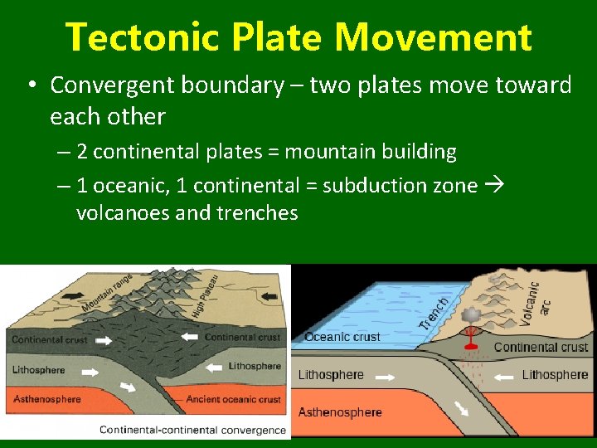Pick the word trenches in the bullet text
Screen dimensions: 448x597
tap(257, 213)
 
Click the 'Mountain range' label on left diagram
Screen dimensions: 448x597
tap(107, 294)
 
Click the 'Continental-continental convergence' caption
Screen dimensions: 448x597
tap(192, 430)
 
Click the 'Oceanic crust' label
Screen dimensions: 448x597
tap(342, 337)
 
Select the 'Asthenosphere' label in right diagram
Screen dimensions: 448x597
tap(340, 412)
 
